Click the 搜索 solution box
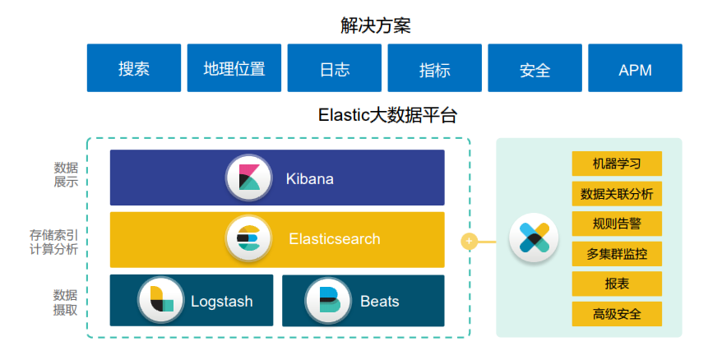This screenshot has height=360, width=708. click(x=134, y=68)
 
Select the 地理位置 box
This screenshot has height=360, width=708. click(x=234, y=68)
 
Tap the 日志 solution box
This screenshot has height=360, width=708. click(x=335, y=68)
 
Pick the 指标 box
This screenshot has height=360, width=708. click(x=435, y=68)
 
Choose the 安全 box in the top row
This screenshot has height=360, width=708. click(x=535, y=68)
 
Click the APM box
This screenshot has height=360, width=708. click(x=635, y=68)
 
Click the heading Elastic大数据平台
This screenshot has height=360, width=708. click(x=386, y=114)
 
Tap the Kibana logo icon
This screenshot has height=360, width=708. click(x=248, y=178)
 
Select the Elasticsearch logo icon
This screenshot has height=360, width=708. click(x=248, y=239)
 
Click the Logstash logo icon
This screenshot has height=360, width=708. click(x=161, y=301)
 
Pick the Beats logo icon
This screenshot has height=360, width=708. click(x=328, y=301)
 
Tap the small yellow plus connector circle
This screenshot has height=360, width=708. click(x=469, y=242)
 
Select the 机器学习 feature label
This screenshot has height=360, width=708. click(x=617, y=164)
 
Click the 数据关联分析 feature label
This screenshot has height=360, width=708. click(x=617, y=194)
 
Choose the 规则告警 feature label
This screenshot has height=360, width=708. click(x=617, y=224)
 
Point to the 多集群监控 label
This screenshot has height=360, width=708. click(x=617, y=254)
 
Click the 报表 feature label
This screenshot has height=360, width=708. click(x=617, y=284)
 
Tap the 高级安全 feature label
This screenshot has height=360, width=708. click(x=617, y=314)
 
